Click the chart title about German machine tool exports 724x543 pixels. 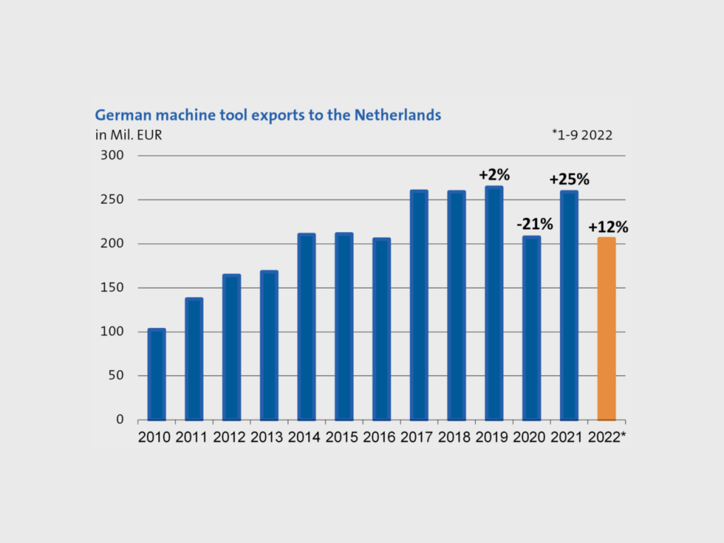tap(268, 115)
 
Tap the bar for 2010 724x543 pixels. tap(156, 374)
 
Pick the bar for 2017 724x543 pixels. tap(419, 305)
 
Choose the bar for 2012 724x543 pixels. tap(231, 347)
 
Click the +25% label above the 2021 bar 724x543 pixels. tap(569, 179)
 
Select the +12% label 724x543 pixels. tap(607, 227)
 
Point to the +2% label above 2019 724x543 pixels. tap(494, 175)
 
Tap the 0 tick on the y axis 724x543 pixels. tap(119, 420)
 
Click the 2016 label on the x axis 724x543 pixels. tap(381, 438)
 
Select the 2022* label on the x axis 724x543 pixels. tap(607, 438)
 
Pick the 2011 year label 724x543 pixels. tap(194, 438)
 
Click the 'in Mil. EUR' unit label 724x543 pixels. tap(129, 134)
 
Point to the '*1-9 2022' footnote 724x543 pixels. tap(582, 134)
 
